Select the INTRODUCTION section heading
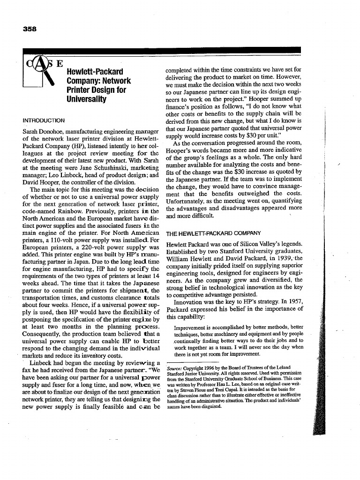[44, 120]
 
